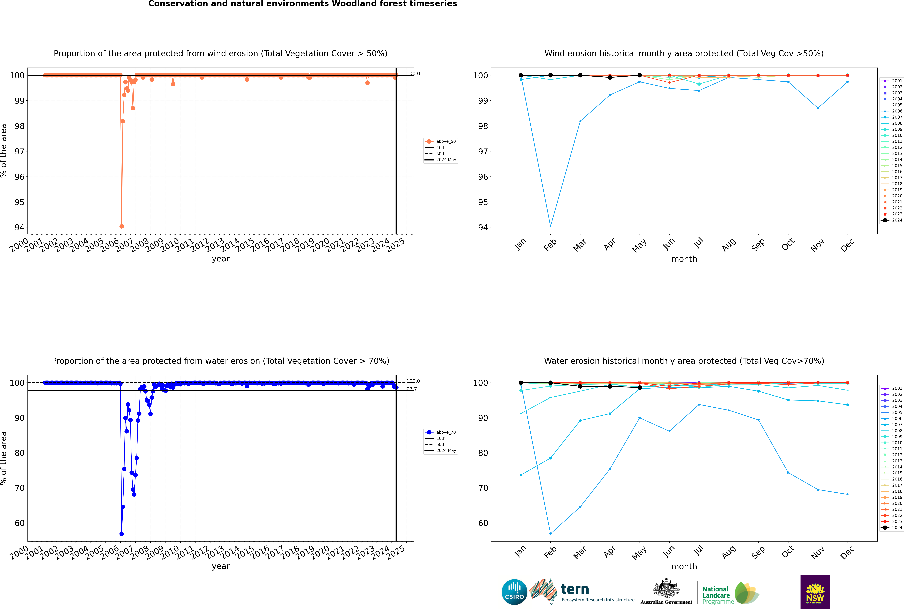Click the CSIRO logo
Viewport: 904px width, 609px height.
pyautogui.click(x=514, y=592)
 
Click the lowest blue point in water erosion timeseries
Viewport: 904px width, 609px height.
pyautogui.click(x=122, y=534)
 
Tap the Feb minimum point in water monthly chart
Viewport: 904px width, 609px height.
pyautogui.click(x=550, y=534)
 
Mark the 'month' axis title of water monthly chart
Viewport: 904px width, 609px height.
pyautogui.click(x=684, y=566)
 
